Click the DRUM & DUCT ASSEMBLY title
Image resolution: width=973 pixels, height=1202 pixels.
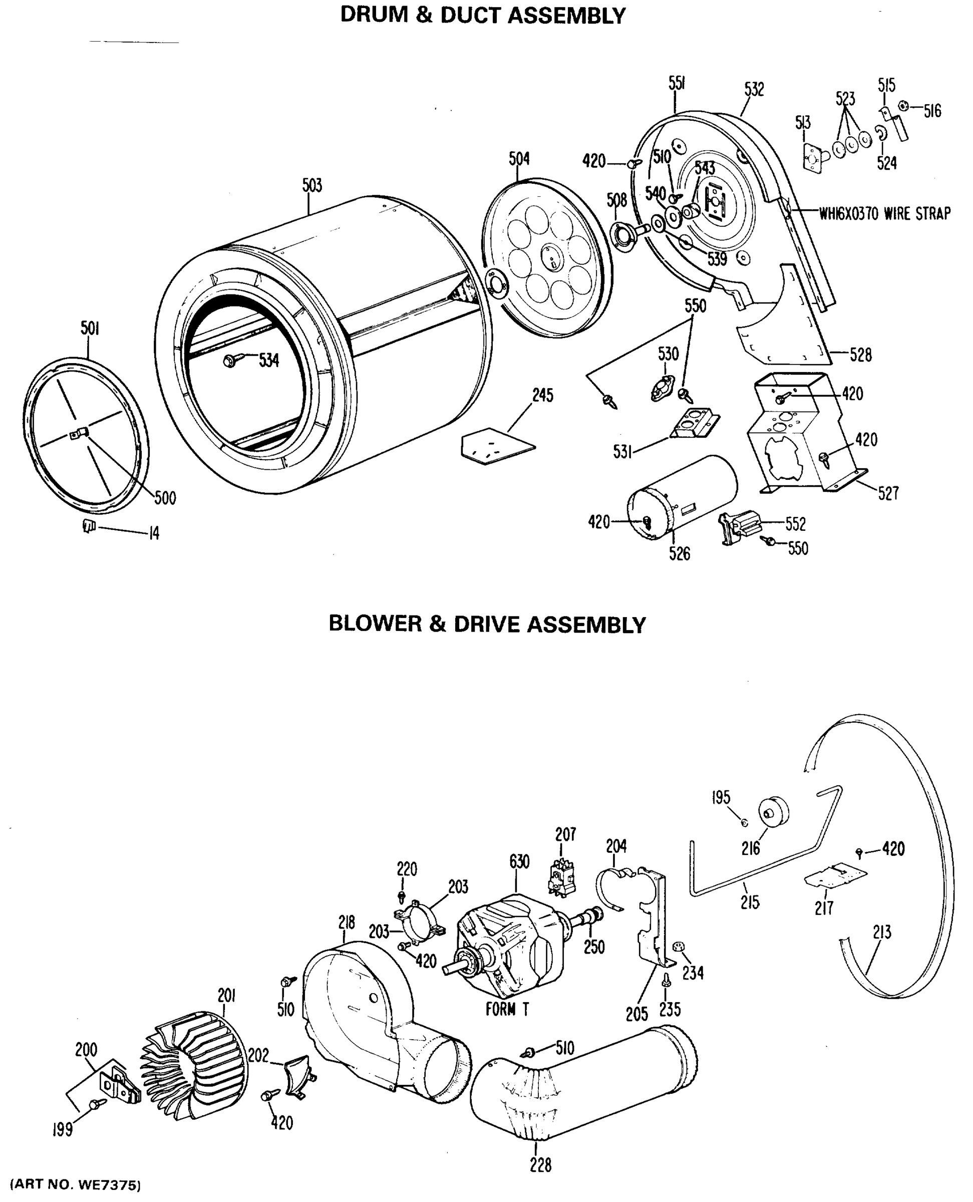tap(483, 16)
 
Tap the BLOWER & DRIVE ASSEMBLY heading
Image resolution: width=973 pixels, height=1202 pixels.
tap(487, 624)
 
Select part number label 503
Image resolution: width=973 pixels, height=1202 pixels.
tap(312, 186)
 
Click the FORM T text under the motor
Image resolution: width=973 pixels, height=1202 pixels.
tap(507, 1009)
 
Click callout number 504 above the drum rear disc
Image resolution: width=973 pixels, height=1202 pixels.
tap(519, 159)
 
